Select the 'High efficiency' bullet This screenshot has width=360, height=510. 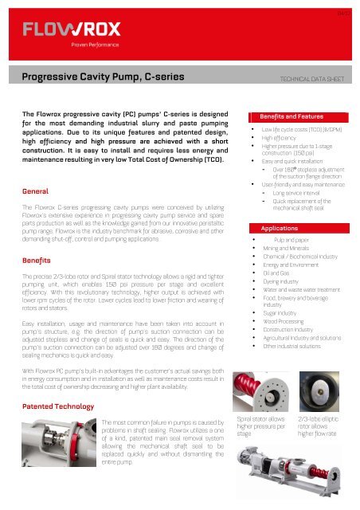pyautogui.click(x=279, y=137)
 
